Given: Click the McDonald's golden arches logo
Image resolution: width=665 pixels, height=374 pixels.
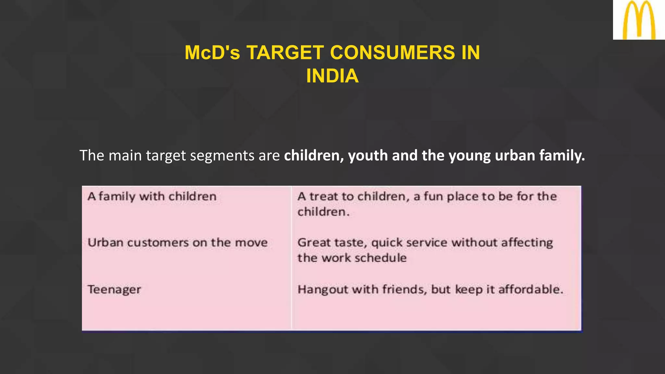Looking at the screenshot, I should click(639, 20).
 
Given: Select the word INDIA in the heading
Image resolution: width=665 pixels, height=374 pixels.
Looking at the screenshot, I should click(332, 76).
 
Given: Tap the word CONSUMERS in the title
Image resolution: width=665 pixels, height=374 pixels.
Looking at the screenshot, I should click(392, 53).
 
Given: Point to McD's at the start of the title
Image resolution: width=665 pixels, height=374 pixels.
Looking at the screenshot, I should click(212, 53).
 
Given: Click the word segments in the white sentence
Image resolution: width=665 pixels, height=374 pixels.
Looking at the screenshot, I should click(222, 156).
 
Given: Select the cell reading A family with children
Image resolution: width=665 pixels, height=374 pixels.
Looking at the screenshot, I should click(152, 196).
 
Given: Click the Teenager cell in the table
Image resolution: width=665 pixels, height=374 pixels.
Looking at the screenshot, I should click(114, 289).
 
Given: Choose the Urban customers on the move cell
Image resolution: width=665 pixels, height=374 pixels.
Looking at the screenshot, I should click(178, 243).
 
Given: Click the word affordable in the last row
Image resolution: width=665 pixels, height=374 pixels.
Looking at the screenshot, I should click(531, 289).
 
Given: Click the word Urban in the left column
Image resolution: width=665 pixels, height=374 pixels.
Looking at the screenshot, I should click(106, 243).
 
